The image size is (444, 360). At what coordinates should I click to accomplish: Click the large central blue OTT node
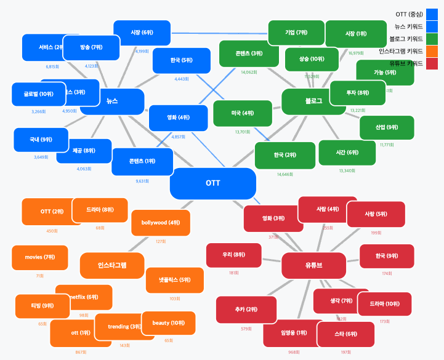coord(212,183)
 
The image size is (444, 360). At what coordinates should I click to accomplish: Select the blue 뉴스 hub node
coord(112,102)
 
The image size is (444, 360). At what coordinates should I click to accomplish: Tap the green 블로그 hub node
coord(313,102)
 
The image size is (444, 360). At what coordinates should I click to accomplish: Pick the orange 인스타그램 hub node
coord(112,266)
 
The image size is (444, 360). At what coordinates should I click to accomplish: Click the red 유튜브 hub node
coord(313,265)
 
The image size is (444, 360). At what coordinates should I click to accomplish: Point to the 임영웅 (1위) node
coord(293,334)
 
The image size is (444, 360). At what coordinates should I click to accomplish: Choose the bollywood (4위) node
coord(161,223)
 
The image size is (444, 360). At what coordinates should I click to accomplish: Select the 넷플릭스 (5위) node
coord(175,280)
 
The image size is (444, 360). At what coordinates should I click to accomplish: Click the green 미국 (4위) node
coord(243,114)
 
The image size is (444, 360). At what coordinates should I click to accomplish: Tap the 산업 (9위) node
coord(387,127)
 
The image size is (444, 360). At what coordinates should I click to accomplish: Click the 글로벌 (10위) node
coord(38,94)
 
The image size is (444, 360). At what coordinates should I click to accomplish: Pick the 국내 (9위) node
coord(41,140)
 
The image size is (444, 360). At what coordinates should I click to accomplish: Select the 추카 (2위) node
coord(246,310)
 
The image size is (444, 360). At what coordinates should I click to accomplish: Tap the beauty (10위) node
coord(169,323)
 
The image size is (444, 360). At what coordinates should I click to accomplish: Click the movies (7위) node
coord(39,257)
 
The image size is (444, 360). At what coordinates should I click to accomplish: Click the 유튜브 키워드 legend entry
coord(409,63)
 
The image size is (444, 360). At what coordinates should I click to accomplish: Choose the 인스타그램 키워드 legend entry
coord(409,51)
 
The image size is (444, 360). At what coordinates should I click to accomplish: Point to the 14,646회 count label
coord(285,174)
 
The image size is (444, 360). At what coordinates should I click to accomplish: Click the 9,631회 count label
coord(142,182)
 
